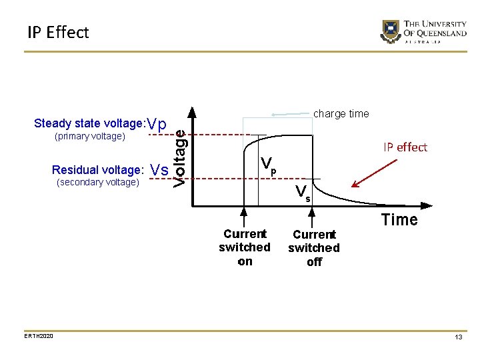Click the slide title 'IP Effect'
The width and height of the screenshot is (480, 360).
[58, 32]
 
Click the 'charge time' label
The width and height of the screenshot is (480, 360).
[341, 114]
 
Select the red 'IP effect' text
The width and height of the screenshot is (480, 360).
[405, 147]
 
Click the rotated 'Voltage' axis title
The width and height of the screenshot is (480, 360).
[180, 157]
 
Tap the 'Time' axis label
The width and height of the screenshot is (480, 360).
[399, 220]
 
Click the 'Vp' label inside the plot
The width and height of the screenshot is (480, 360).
[268, 165]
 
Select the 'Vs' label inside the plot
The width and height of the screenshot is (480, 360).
[303, 193]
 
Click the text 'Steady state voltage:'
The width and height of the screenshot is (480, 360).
[90, 123]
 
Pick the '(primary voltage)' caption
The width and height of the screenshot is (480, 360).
[90, 137]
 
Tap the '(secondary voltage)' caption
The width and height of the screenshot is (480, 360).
[98, 182]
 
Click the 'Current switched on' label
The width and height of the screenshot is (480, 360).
[245, 247]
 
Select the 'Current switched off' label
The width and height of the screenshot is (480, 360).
[314, 248]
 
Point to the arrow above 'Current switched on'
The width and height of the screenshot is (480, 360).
[244, 217]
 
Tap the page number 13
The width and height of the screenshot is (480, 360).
[459, 338]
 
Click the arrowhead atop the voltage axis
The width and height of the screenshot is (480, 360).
[194, 111]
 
